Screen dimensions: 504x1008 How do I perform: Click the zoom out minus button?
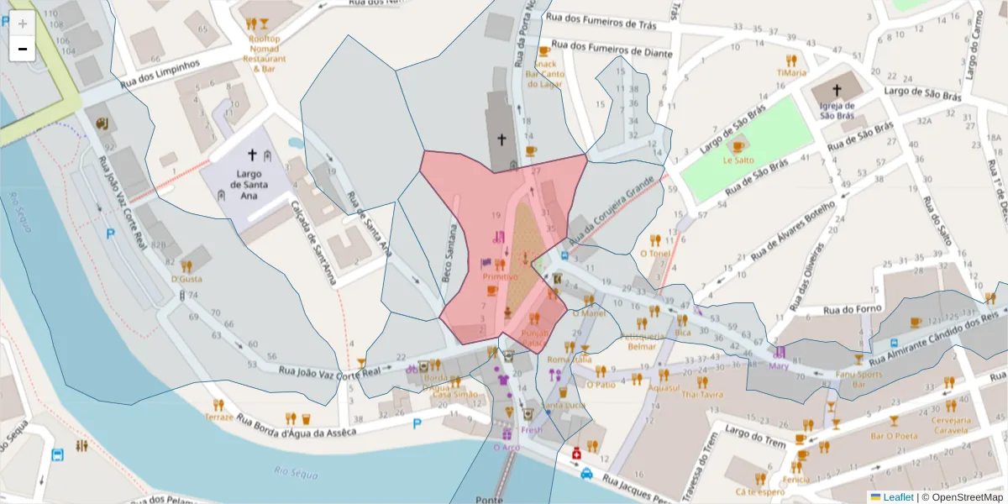[x=23, y=49]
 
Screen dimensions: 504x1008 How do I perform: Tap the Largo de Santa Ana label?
[x=244, y=184]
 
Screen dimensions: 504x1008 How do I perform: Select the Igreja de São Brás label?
[x=837, y=110]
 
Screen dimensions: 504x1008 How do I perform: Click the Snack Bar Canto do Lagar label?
[x=544, y=74]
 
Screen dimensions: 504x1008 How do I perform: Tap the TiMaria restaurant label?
[x=790, y=72]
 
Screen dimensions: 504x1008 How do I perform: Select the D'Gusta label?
[x=186, y=278]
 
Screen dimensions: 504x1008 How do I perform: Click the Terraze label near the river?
[x=218, y=417]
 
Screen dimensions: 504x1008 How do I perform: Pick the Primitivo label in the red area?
[x=500, y=276]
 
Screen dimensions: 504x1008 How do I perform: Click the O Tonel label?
[x=654, y=253]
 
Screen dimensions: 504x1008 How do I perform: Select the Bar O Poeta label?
[x=893, y=435]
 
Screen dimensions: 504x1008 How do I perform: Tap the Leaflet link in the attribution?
[x=898, y=497]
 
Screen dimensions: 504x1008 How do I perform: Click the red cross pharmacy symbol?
[x=577, y=454]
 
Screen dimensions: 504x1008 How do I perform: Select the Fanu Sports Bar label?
[x=858, y=380]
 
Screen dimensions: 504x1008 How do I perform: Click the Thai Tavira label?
[x=702, y=394]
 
